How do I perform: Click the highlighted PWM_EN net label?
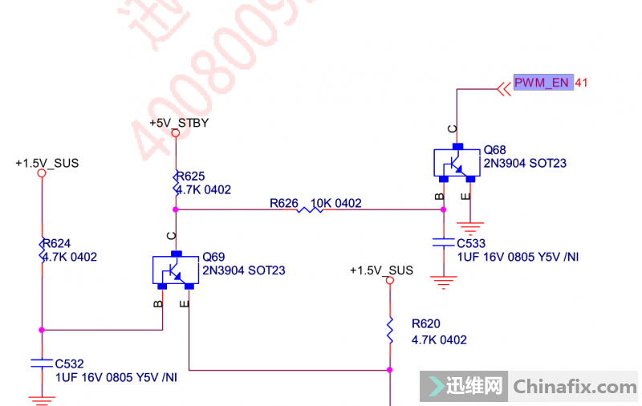[543, 83]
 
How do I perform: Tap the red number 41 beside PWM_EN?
[583, 83]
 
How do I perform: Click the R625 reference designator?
[191, 177]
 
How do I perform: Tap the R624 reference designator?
[57, 243]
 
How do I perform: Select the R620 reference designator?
[426, 324]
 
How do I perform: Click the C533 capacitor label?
[471, 243]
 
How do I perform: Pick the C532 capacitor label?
[70, 363]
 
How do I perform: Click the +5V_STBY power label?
[179, 123]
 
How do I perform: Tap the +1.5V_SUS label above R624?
[47, 163]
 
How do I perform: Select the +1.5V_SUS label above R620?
[381, 270]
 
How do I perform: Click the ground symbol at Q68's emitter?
[466, 226]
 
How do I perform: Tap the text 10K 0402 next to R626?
[337, 203]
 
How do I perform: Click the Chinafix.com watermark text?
[575, 387]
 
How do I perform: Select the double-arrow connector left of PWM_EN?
[504, 87]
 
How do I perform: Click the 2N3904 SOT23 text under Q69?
[243, 270]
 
